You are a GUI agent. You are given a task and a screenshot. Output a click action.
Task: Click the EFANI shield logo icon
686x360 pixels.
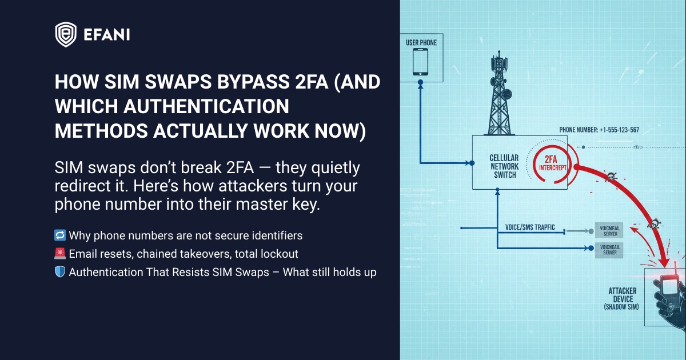click(x=66, y=34)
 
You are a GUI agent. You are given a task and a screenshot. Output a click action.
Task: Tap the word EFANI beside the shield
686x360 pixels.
click(x=106, y=34)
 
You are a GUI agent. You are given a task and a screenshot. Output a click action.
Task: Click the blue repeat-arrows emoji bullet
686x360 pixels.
click(x=60, y=235)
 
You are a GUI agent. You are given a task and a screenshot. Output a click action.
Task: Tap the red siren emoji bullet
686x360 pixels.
click(x=60, y=254)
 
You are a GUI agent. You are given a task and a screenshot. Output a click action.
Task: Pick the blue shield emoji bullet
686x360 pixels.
click(x=60, y=272)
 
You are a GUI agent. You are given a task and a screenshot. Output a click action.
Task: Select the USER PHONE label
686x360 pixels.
click(x=421, y=42)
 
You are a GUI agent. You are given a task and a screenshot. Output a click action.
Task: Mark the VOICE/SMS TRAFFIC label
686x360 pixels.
click(x=530, y=227)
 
